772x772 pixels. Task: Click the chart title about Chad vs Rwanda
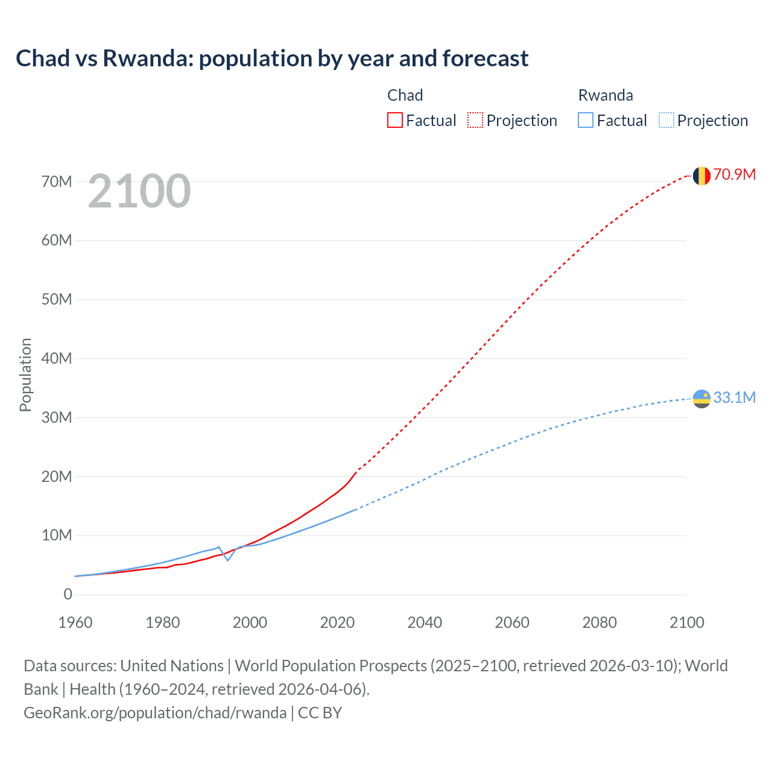point(272,59)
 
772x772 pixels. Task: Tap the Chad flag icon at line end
point(701,176)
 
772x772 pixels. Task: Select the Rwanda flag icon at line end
point(701,399)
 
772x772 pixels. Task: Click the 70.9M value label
point(734,174)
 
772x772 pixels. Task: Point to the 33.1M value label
point(734,397)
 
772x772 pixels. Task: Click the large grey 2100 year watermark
point(139,191)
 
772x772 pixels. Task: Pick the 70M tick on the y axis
point(57,182)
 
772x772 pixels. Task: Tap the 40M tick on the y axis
point(57,358)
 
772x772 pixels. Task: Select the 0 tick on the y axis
point(68,594)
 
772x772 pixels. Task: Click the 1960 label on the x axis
point(75,622)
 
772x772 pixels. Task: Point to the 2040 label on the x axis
point(425,622)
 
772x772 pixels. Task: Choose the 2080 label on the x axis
point(600,622)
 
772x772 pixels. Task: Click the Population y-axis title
point(25,375)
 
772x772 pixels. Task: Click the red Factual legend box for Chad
point(395,120)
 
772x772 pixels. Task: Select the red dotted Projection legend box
point(475,120)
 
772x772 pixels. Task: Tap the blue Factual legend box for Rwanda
point(586,120)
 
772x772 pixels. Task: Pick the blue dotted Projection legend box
point(666,120)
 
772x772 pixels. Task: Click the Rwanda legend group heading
point(606,95)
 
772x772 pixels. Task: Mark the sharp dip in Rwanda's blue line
point(227,560)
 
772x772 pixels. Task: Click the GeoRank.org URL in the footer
point(155,712)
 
